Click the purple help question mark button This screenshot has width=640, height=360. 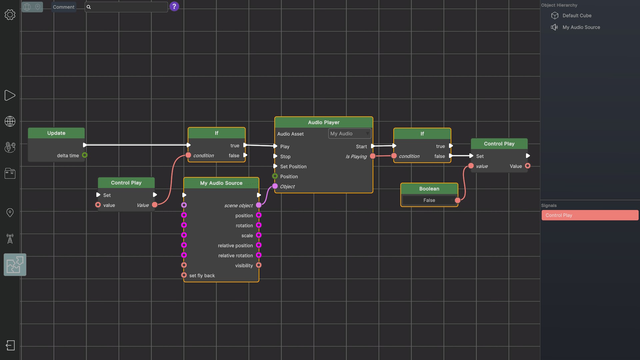pos(174,6)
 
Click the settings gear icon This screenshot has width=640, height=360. pos(10,15)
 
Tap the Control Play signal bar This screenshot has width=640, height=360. pos(590,215)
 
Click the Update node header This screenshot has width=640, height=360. pos(56,133)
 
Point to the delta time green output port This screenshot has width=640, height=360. pos(85,155)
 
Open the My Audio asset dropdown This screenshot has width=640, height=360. pos(350,134)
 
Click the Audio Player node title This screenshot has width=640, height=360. pos(324,122)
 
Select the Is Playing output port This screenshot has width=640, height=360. pos(373,156)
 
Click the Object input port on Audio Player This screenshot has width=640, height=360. pos(275,186)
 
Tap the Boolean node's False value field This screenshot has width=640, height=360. pos(429,200)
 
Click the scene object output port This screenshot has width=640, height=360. pos(259,205)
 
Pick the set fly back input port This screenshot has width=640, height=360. pos(184,275)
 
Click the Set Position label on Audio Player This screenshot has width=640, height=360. pos(293,167)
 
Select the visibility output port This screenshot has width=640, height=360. pos(259,265)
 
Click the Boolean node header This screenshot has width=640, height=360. pos(429,189)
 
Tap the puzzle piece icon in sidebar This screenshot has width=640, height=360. pos(15,265)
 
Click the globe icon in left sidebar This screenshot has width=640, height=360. pos(10,121)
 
